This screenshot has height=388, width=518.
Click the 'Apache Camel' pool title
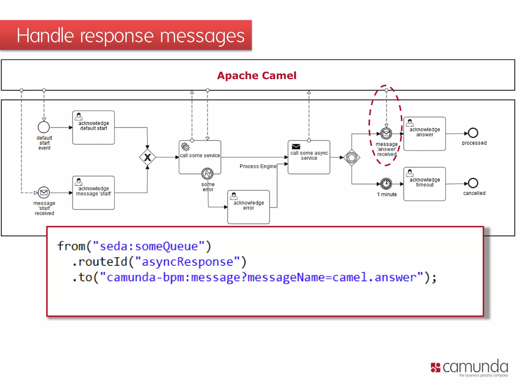pos(256,76)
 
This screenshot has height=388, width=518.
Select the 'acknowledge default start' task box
pos(93,128)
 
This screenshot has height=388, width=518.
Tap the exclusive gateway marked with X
pos(147,157)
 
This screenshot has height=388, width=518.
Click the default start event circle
pos(44,127)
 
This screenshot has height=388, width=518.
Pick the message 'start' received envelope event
pos(44,193)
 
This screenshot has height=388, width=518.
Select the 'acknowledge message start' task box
pos(93,193)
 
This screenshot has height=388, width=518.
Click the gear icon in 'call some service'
pos(185,147)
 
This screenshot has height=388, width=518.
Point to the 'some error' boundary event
pos(207,174)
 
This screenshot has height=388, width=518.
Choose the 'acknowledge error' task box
pos(248,207)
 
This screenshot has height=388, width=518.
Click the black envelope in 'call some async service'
pos(296,147)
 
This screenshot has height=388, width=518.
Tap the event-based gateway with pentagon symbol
pos(352,158)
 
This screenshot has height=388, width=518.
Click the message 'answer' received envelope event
pos(386,133)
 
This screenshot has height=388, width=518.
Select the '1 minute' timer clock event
pos(386,184)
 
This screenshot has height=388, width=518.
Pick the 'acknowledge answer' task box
pos(424,134)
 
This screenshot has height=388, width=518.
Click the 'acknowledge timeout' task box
pos(424,184)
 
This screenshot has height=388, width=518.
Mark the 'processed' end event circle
pos(473,133)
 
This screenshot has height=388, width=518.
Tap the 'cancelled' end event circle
pos(473,183)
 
